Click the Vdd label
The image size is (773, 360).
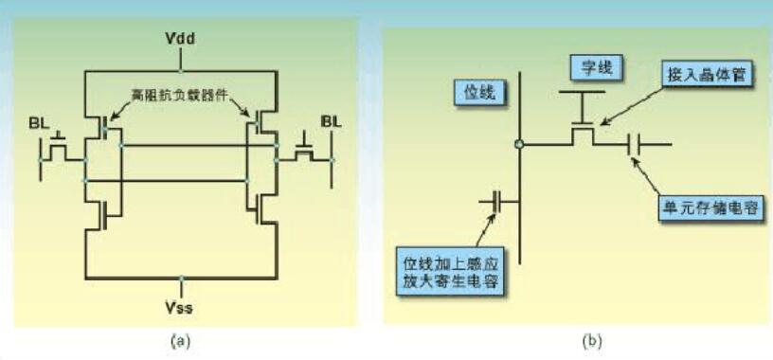180,39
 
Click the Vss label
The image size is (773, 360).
180,309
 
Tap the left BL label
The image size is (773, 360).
39,124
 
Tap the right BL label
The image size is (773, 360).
331,121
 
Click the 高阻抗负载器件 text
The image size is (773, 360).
180,95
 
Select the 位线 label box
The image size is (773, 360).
479,92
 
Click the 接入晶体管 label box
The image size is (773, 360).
707,76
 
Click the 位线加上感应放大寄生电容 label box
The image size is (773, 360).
450,271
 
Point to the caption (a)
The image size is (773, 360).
179,341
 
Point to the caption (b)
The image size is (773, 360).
592,341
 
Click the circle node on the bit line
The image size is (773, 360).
518,145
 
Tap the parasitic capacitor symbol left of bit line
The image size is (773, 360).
497,202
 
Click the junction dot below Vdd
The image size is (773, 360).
180,71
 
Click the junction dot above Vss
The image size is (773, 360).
181,279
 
